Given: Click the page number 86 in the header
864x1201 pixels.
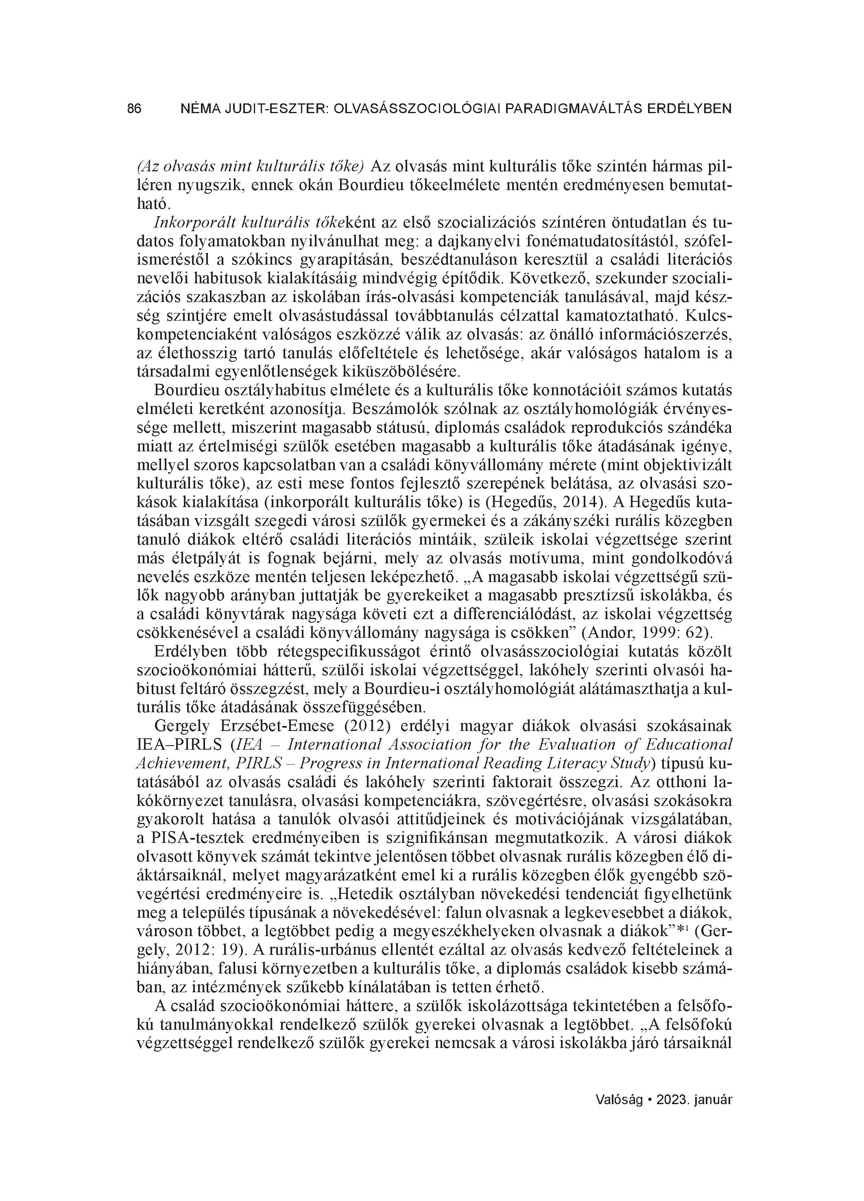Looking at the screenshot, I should pyautogui.click(x=135, y=109).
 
